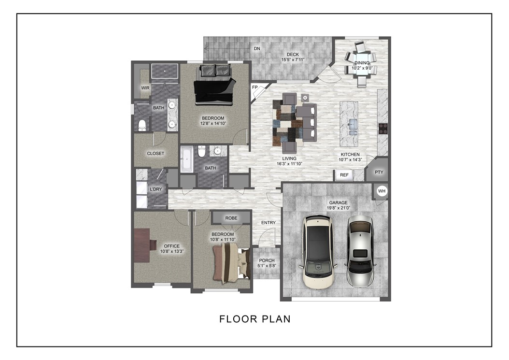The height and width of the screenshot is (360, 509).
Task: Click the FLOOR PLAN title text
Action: point(254,319)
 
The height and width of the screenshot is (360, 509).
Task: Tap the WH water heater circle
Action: point(382,191)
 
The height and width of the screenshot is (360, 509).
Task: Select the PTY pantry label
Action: point(379,172)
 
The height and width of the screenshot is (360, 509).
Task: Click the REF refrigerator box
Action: point(344,175)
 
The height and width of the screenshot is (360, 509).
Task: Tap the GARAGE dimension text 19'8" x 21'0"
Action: point(338,208)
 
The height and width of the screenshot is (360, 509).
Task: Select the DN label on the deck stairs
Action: point(257,49)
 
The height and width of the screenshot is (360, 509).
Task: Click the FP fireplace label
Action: point(254,87)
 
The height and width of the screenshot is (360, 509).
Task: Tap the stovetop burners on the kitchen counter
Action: point(384,129)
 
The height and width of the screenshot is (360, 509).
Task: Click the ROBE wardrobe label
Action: point(231,218)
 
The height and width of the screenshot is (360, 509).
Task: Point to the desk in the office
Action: point(142,245)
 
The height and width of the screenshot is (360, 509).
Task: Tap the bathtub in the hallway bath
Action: point(186,159)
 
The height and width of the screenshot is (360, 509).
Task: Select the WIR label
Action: point(145,88)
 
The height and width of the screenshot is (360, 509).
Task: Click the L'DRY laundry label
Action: point(156,189)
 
